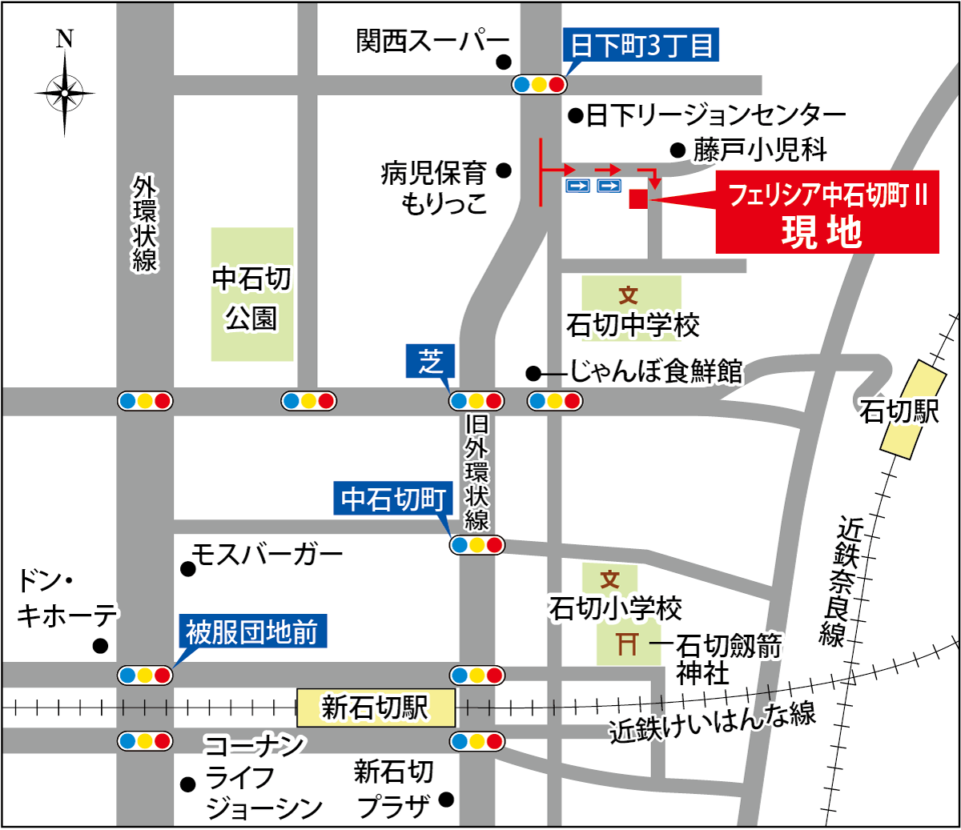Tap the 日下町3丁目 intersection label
point(641,45)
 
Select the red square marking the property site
point(637,199)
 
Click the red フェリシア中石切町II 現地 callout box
point(826,213)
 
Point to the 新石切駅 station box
point(376,708)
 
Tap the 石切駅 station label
point(899,411)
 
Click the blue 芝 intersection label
point(431,362)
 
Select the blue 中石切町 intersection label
point(393,499)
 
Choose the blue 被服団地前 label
point(251,632)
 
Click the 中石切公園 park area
point(252,295)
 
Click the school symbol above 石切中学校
point(629,295)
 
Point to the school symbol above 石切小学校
point(610,579)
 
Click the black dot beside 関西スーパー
point(503,62)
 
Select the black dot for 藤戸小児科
point(678,150)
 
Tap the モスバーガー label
point(267,553)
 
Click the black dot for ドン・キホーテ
point(100,646)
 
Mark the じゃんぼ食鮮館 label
point(655,371)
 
